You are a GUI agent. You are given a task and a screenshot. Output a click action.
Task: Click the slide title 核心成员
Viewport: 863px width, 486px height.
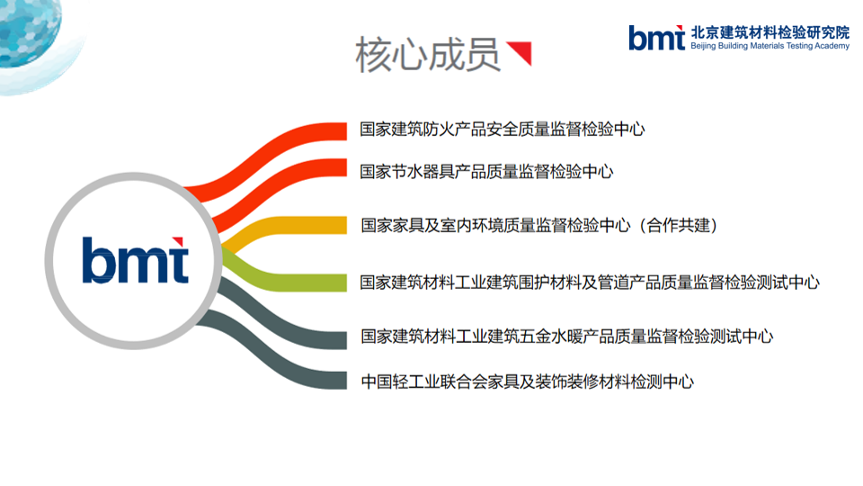[428, 55]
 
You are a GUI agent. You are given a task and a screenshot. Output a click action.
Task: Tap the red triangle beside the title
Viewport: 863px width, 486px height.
[521, 51]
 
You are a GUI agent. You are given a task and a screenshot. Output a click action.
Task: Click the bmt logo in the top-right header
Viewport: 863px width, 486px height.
[656, 38]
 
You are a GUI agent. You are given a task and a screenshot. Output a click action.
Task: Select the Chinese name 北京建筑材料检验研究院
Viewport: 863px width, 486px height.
[770, 32]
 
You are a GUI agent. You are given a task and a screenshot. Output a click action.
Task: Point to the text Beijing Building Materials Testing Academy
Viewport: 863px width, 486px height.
[770, 46]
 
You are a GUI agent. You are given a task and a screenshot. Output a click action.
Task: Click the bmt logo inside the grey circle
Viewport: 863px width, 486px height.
[136, 260]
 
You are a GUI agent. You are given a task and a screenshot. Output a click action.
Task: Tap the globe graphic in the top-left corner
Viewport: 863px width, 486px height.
[31, 33]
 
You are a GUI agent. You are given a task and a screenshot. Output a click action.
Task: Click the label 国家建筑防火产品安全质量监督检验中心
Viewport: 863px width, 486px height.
[502, 130]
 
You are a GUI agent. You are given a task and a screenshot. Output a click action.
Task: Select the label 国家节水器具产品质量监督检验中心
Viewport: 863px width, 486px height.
[486, 172]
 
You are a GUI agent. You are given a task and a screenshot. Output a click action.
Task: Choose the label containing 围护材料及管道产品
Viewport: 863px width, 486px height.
[590, 283]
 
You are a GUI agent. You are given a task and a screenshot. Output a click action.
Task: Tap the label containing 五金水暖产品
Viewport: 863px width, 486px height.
[567, 336]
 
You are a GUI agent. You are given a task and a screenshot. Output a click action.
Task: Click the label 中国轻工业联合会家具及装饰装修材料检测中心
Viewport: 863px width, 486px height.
[528, 382]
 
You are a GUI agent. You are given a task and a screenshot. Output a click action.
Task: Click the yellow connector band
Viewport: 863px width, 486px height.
[286, 227]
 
